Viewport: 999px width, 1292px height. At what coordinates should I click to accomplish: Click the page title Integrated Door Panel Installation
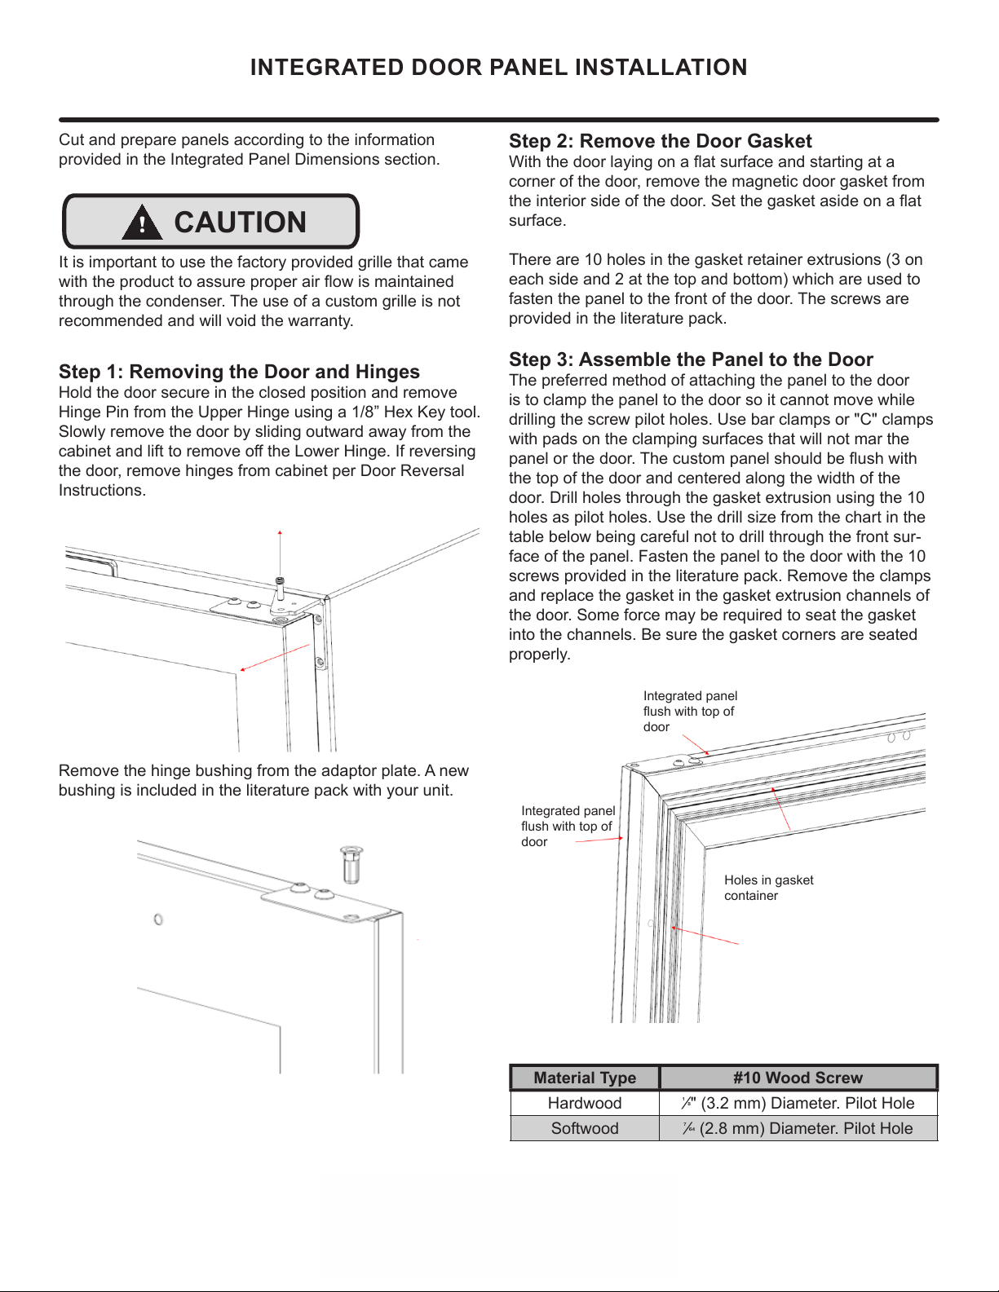498,68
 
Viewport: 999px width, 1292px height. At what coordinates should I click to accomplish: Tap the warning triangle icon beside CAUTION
142,223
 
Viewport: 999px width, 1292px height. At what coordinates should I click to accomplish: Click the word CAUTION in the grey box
240,223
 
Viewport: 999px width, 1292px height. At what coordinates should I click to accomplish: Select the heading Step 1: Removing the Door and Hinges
239,372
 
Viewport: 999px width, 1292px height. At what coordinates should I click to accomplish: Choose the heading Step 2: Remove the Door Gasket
660,141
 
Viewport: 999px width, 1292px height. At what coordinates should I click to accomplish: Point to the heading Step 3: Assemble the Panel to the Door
691,359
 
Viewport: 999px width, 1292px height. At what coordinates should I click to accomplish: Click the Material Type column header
585,1078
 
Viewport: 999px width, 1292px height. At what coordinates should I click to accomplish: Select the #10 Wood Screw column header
798,1078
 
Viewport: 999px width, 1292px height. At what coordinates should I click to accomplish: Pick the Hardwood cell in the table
585,1103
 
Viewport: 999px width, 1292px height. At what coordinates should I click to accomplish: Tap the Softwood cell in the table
585,1128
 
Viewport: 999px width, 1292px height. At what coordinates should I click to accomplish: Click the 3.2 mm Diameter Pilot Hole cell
798,1103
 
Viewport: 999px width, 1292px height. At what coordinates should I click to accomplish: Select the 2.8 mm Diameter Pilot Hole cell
798,1128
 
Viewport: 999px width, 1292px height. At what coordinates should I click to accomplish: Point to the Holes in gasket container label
768,888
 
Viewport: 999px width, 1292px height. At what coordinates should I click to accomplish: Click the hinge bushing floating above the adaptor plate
351,863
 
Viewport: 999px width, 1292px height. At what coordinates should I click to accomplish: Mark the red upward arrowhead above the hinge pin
280,532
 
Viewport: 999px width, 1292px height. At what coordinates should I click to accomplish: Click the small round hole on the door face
158,919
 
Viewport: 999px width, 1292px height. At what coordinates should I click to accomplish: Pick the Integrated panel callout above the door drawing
690,711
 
